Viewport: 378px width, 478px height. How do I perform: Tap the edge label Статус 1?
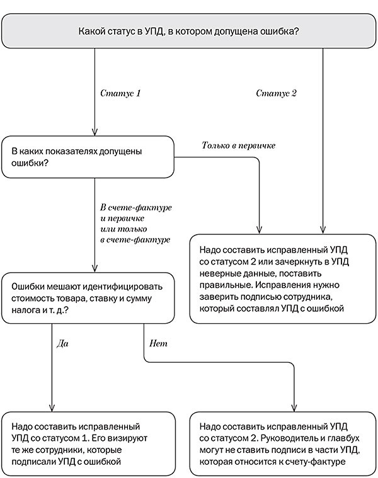120,93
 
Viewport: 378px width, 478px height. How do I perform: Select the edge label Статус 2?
276,93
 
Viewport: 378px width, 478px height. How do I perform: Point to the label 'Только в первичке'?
239,146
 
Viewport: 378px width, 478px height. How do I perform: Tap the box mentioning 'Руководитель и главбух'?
283,443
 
